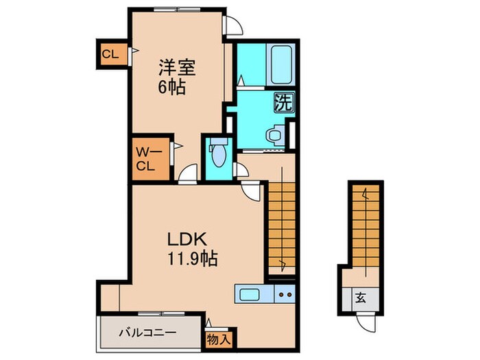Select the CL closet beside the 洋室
(x=110, y=53)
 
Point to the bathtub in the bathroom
(x=282, y=64)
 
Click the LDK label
(x=184, y=241)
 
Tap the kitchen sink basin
(x=249, y=295)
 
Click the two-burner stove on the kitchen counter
(x=285, y=295)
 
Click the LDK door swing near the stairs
(x=252, y=191)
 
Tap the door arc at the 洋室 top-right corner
(x=235, y=25)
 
